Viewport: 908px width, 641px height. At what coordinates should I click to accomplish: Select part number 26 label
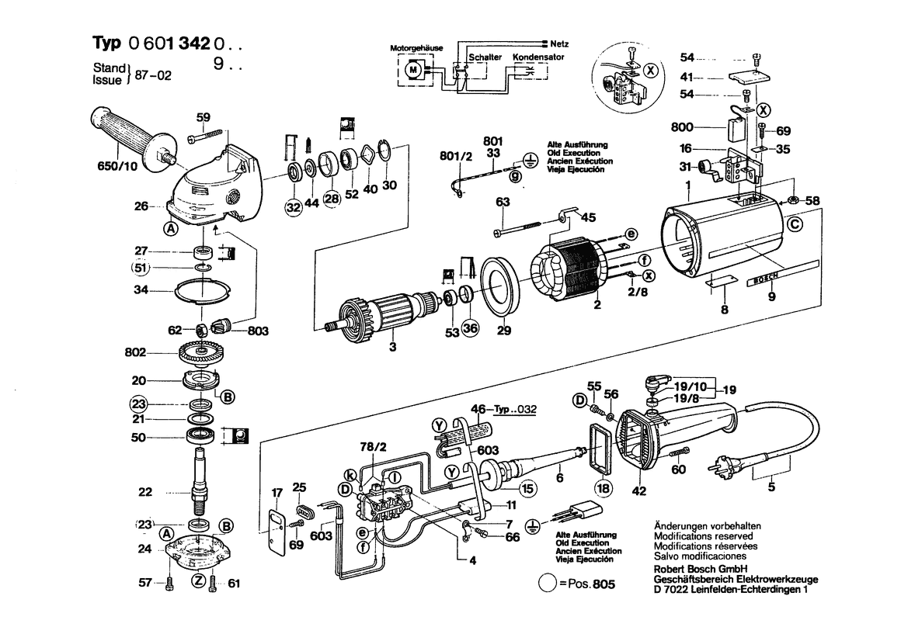click(x=141, y=206)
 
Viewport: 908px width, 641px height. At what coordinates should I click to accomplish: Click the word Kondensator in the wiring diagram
click(x=538, y=57)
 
